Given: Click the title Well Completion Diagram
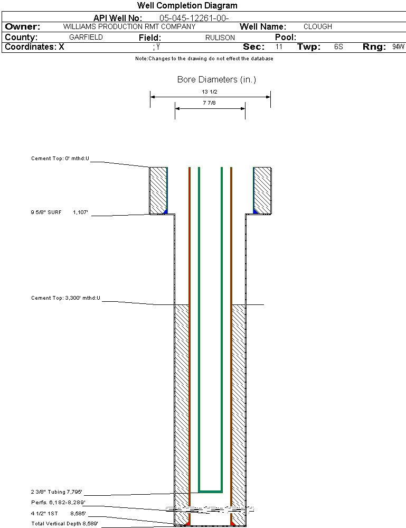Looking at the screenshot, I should (x=187, y=6).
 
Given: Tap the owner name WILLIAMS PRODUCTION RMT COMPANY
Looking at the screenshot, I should (x=129, y=26).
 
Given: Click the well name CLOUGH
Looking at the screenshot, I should (x=318, y=26).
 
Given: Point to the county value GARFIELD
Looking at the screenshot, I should (x=86, y=38).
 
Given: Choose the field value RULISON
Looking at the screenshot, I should (x=220, y=38).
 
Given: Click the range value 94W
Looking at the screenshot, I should (x=398, y=47).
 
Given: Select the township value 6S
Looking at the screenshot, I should (x=338, y=47).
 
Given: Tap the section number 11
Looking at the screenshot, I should (x=279, y=47).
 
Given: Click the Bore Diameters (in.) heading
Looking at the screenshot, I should (x=216, y=80).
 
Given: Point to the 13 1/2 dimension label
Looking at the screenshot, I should (x=210, y=91).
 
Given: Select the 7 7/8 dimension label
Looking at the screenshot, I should (x=210, y=103).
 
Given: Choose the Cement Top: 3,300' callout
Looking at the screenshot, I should (x=65, y=298).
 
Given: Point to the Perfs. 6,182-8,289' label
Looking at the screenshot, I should (x=58, y=502).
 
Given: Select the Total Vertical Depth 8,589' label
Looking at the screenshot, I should (x=64, y=523).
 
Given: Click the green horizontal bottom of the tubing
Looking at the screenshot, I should (x=210, y=492).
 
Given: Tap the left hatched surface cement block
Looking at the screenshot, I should (x=158, y=190).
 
